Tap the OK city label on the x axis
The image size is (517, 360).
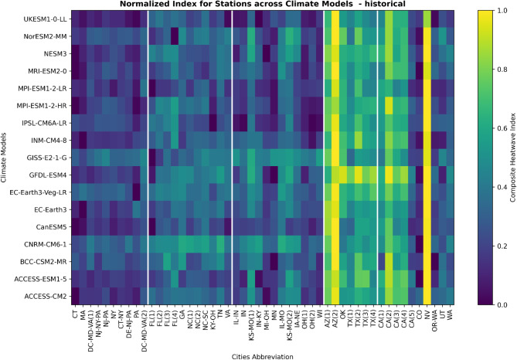tap(343, 314)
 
